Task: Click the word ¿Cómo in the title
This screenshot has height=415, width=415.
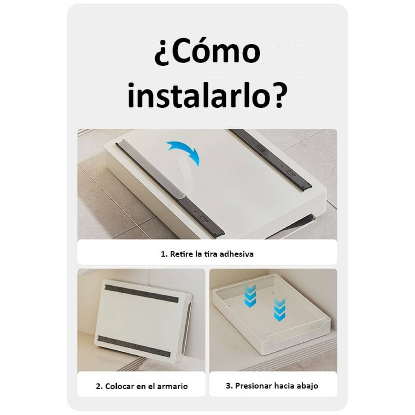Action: click(x=207, y=51)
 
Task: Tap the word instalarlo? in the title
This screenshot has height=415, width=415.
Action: click(x=207, y=95)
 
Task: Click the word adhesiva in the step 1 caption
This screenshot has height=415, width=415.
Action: click(x=237, y=254)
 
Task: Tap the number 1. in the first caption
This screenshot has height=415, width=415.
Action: click(x=164, y=254)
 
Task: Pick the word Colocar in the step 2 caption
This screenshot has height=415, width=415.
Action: click(x=120, y=386)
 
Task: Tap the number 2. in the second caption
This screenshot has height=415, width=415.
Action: click(x=99, y=386)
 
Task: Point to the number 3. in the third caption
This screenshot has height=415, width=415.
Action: click(x=229, y=386)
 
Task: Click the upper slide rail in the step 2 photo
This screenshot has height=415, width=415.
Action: click(x=141, y=293)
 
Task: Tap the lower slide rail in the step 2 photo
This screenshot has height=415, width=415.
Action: click(x=134, y=346)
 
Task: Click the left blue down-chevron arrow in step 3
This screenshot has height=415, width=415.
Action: click(x=250, y=296)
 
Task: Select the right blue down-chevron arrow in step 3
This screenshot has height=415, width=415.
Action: click(x=280, y=310)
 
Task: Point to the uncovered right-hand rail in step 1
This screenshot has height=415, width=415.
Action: click(x=270, y=159)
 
